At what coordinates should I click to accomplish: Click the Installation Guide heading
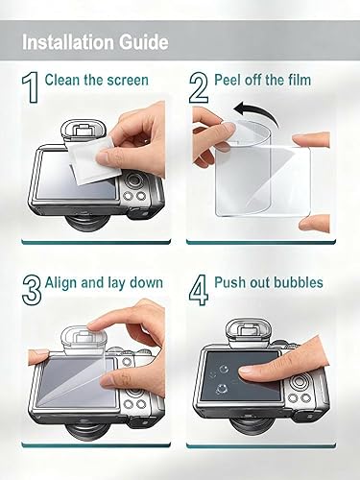tap(95, 43)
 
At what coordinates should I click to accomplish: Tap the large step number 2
tap(200, 89)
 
